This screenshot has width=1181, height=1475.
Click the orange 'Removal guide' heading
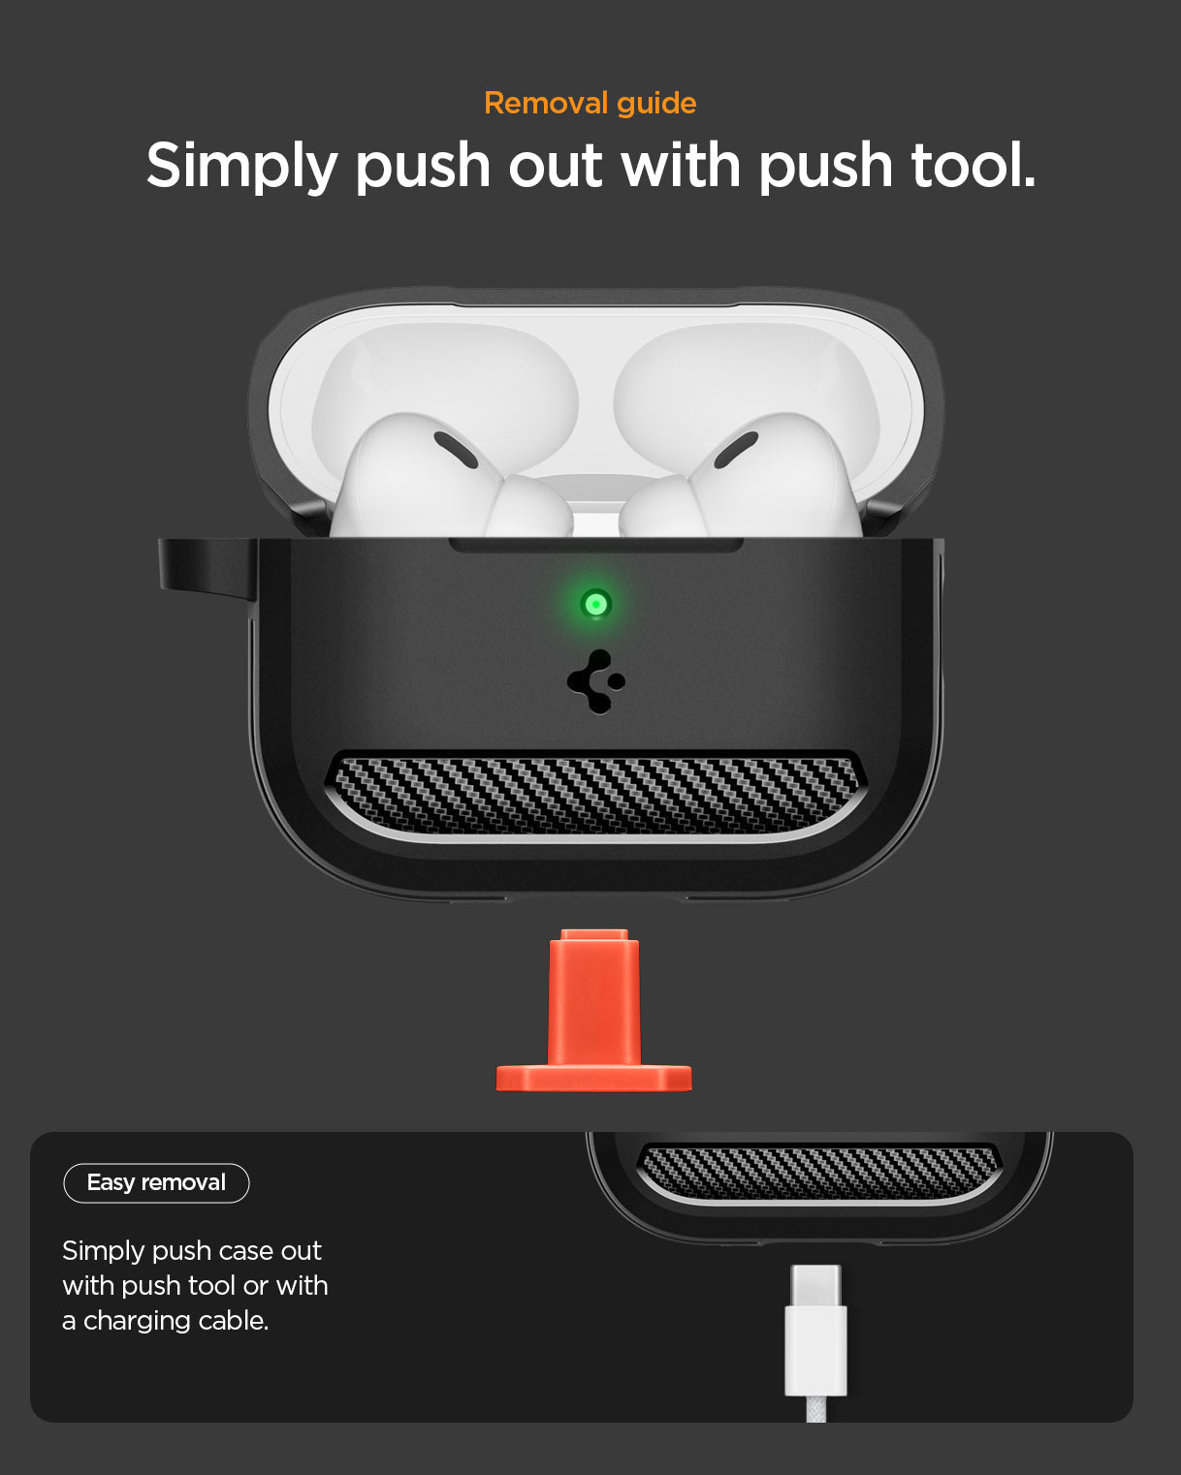[x=590, y=103]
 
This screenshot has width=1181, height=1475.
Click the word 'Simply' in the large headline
[x=240, y=166]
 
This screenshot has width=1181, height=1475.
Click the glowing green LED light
[x=595, y=605]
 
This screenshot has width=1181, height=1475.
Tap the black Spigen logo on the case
[x=595, y=681]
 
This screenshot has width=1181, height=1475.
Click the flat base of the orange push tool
[x=593, y=1079]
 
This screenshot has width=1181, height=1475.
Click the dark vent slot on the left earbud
[x=455, y=450]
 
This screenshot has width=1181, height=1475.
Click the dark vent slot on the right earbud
[x=736, y=450]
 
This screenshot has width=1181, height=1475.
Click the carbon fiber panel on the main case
[x=593, y=795]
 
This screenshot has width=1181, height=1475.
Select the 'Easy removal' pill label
[x=156, y=1182]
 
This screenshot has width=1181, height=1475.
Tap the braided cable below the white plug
[x=816, y=1409]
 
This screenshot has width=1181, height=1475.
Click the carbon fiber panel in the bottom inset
[x=819, y=1172]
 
